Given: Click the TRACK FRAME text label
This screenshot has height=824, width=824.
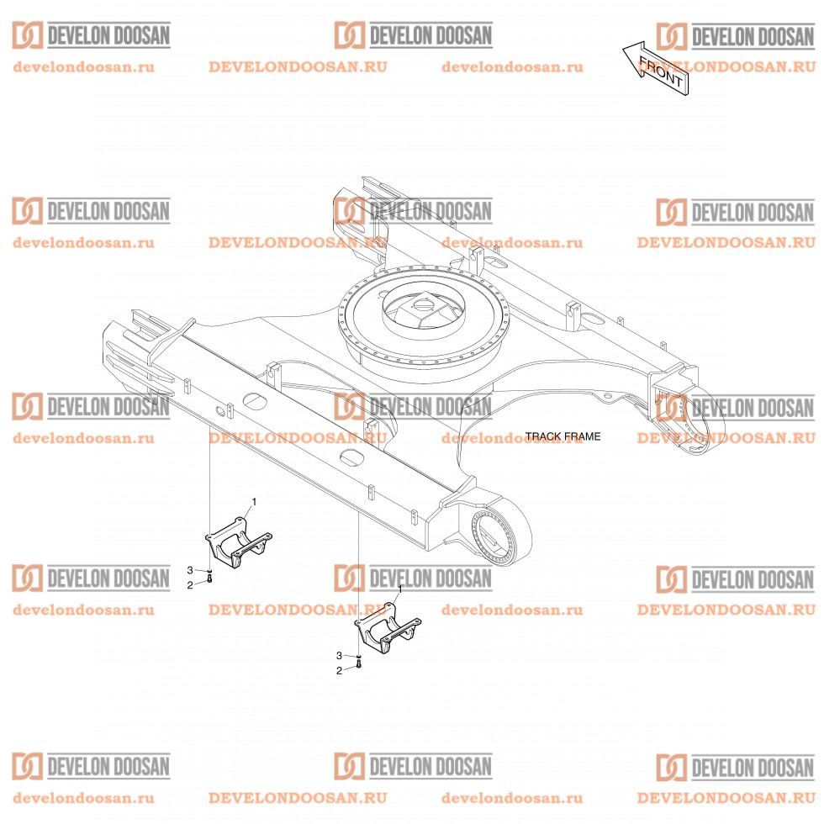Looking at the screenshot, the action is coord(563,436).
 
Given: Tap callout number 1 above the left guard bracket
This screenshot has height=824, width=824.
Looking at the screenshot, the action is coord(254,502).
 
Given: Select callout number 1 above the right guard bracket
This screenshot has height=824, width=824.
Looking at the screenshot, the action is coord(400,589).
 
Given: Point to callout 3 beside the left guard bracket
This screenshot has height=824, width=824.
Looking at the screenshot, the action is coord(190,570).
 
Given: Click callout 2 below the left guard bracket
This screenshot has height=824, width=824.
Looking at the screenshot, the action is coord(190,585).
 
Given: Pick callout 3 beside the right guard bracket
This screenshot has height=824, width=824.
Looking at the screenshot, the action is coord(339,655).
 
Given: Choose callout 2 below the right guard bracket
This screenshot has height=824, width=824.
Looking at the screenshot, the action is coord(339,671).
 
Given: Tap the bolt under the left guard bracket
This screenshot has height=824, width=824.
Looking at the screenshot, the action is coord(209,578).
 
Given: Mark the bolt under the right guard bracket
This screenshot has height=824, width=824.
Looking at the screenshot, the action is coord(359,664).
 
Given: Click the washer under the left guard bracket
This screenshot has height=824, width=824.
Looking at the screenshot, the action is coord(209,571).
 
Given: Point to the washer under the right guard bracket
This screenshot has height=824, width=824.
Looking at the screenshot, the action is coord(359,657).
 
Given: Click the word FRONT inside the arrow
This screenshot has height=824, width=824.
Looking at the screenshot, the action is coord(661,71).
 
